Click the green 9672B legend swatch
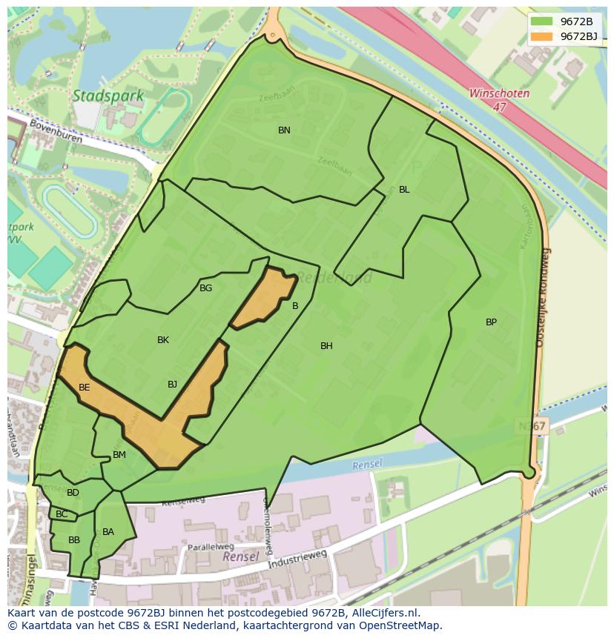[x=543, y=21]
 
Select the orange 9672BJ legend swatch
[x=543, y=36]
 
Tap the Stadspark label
[x=98, y=96]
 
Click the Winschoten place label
[x=499, y=94]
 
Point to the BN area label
[x=284, y=130]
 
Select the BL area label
[x=404, y=190]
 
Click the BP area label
[x=491, y=322]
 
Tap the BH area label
[x=326, y=346]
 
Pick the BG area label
[x=205, y=288]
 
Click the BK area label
[x=163, y=340]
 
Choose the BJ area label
[x=172, y=384]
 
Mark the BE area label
[x=85, y=388]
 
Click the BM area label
[x=119, y=455]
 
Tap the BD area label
[x=73, y=493]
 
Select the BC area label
[x=62, y=514]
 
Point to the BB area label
[x=74, y=540]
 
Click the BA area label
[x=108, y=532]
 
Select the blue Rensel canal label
[x=367, y=465]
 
